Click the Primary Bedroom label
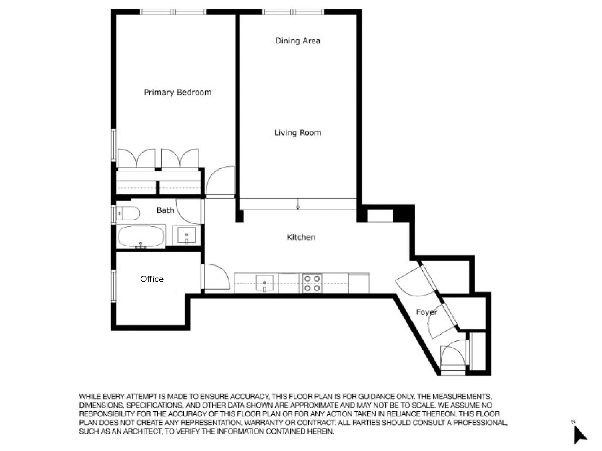[x=177, y=92]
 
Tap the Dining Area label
[x=298, y=41]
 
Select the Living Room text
[x=298, y=133]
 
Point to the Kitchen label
[x=301, y=237]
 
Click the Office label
[x=152, y=279]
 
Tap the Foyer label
[x=426, y=312]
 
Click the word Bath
[x=165, y=210]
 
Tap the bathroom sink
[x=186, y=235]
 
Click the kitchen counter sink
[x=265, y=283]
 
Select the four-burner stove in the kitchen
[x=312, y=283]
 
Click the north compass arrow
[x=580, y=434]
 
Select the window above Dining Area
[x=293, y=12]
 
